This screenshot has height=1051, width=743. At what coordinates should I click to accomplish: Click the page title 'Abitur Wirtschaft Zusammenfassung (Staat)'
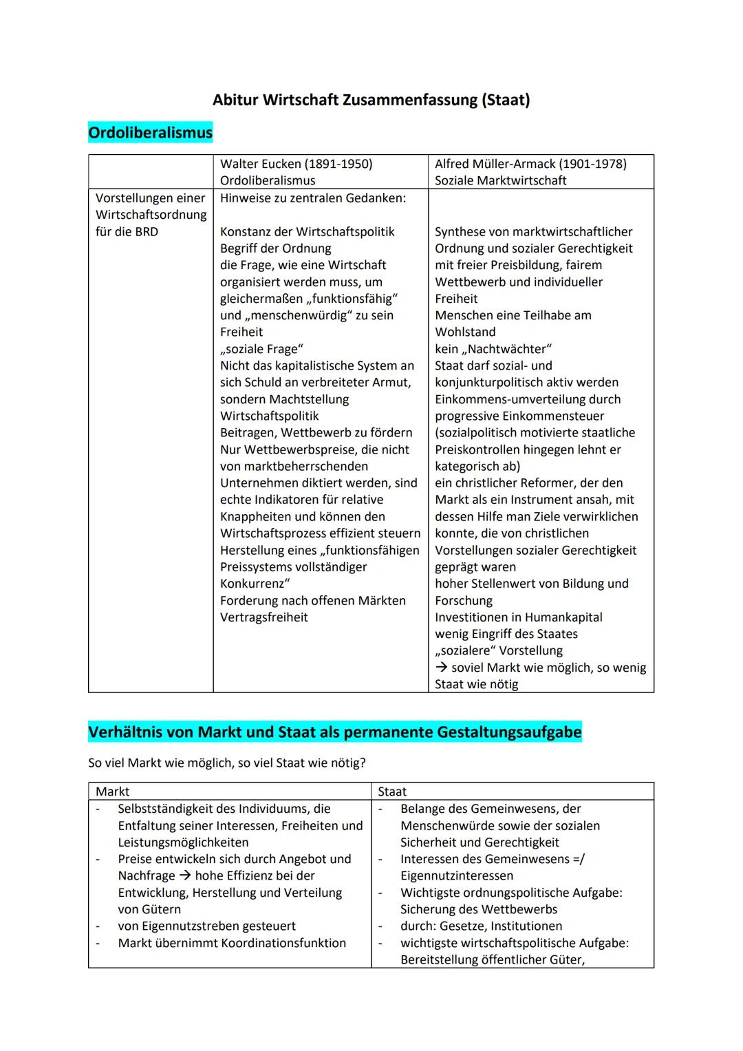[x=371, y=100]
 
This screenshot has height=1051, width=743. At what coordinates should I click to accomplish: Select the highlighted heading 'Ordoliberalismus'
[x=151, y=132]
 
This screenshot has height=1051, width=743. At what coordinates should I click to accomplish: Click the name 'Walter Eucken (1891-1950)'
[x=296, y=164]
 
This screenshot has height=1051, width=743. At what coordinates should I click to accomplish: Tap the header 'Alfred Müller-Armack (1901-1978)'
[x=530, y=164]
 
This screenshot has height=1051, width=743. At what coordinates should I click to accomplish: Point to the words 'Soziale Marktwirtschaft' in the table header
[x=500, y=180]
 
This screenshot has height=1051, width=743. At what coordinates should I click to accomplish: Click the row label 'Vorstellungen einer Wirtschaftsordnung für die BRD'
[x=151, y=215]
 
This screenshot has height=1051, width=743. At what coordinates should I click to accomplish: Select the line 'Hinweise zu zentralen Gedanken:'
[x=313, y=198]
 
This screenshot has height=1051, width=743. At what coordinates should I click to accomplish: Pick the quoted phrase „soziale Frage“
[x=261, y=349]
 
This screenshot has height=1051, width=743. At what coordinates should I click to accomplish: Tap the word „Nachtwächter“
[x=507, y=349]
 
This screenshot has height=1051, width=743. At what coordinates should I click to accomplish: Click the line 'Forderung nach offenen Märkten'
[x=313, y=600]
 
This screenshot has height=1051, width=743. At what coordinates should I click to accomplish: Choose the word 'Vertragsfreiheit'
[x=264, y=617]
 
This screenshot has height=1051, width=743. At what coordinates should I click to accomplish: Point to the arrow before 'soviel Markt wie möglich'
[x=442, y=668]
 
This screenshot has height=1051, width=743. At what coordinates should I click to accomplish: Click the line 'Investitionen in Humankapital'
[x=518, y=617]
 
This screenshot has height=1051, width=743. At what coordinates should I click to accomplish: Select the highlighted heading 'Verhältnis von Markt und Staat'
[x=334, y=732]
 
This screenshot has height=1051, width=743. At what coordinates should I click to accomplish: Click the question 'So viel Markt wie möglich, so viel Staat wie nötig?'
[x=227, y=763]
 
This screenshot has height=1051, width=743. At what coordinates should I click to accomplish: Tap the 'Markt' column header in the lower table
[x=113, y=792]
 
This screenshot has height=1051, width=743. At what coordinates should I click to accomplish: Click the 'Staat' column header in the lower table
[x=392, y=792]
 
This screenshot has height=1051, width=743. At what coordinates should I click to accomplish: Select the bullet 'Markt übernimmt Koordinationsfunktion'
[x=232, y=943]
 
